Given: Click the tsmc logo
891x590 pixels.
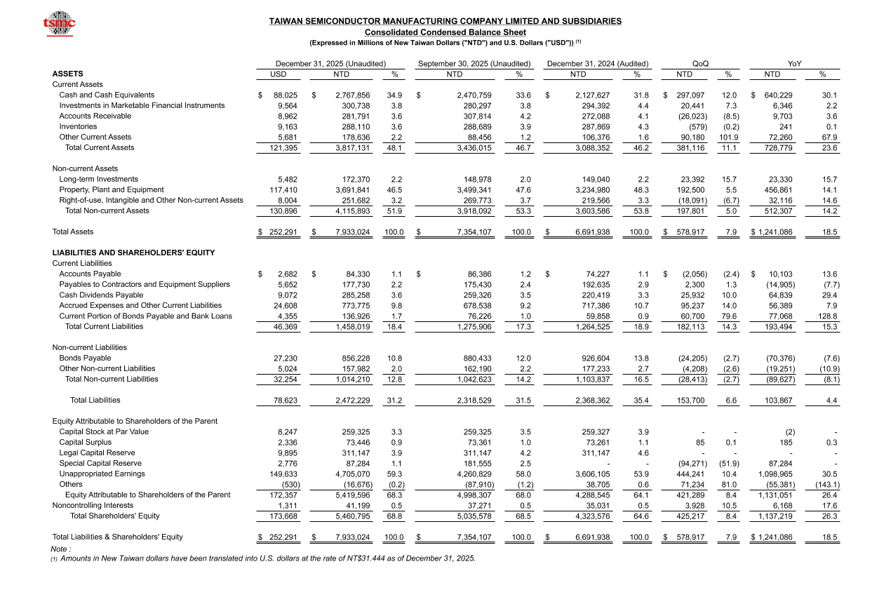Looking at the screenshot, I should tap(59, 23).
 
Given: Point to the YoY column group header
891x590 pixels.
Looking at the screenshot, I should tap(794, 64).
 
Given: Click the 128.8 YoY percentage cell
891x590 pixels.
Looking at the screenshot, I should tap(827, 316).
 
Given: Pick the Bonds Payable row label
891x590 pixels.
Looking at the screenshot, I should tap(85, 358).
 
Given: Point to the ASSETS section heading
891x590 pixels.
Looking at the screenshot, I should tap(67, 74).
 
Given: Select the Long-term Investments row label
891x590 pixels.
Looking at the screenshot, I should tap(98, 179).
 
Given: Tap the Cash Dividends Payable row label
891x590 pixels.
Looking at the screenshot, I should tap(101, 295).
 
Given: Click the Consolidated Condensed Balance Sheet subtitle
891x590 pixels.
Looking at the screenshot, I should tap(445, 32).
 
